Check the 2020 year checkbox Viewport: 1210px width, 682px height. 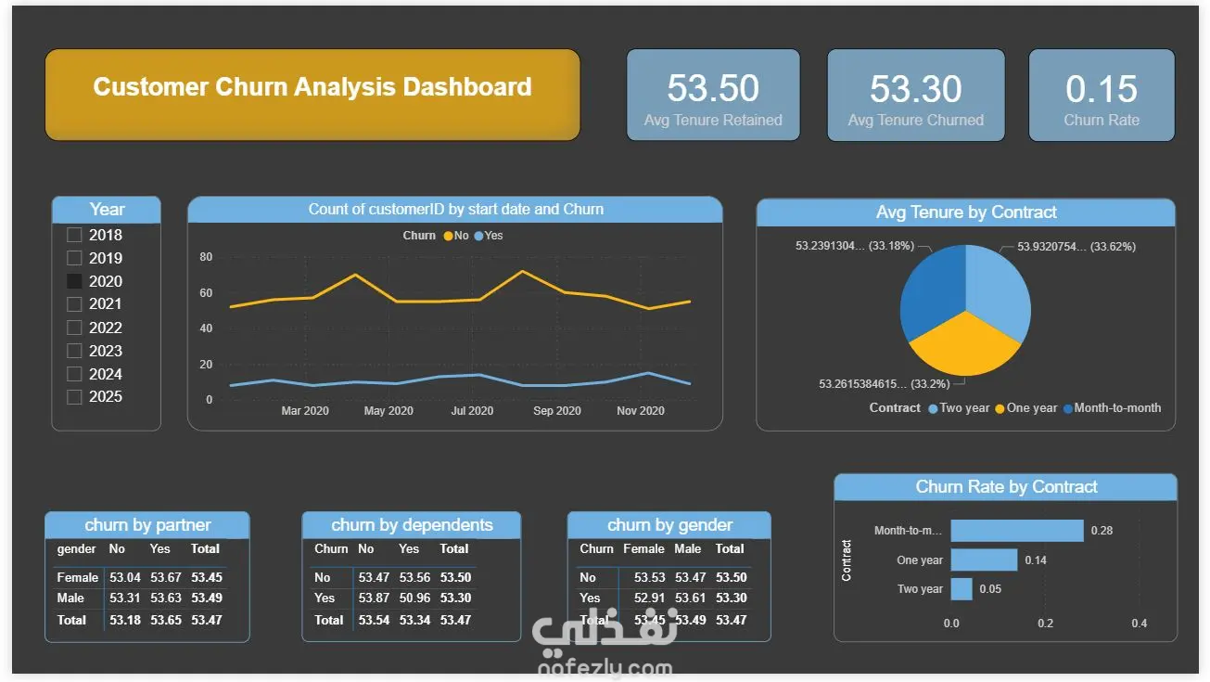pyautogui.click(x=74, y=281)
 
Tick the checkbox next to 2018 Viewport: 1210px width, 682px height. pyautogui.click(x=74, y=235)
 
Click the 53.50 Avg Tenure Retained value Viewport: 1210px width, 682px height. pyautogui.click(x=713, y=88)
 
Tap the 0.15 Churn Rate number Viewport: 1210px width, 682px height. pyautogui.click(x=1102, y=89)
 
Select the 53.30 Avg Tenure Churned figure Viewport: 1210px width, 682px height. pyautogui.click(x=915, y=89)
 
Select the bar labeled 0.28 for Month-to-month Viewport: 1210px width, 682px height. pyautogui.click(x=1016, y=531)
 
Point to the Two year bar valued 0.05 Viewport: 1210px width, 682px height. pyautogui.click(x=962, y=589)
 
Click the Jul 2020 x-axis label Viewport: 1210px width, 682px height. pyautogui.click(x=473, y=411)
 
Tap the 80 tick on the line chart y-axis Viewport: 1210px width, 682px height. pyautogui.click(x=206, y=257)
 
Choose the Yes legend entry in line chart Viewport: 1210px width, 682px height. pyautogui.click(x=489, y=236)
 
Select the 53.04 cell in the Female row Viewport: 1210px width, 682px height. pyautogui.click(x=125, y=577)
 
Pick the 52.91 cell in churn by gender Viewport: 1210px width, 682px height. pyautogui.click(x=649, y=598)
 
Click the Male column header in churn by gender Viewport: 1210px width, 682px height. pyautogui.click(x=688, y=549)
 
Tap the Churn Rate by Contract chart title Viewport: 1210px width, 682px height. pyautogui.click(x=1006, y=487)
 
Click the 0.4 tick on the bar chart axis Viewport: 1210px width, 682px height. pyautogui.click(x=1139, y=624)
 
